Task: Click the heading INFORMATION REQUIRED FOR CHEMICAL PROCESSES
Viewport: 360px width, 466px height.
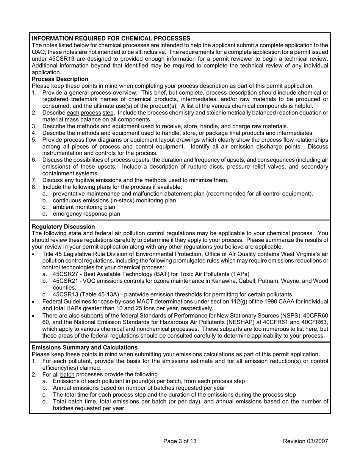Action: [111, 38]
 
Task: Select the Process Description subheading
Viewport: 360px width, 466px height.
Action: [60, 79]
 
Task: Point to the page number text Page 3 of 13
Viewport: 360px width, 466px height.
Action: [180, 441]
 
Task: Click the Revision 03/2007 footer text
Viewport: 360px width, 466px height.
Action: [305, 441]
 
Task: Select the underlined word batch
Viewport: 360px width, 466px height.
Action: [67, 374]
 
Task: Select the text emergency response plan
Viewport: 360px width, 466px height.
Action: [86, 214]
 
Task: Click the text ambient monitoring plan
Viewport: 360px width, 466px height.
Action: [84, 207]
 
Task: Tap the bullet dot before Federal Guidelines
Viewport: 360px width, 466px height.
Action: [34, 302]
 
